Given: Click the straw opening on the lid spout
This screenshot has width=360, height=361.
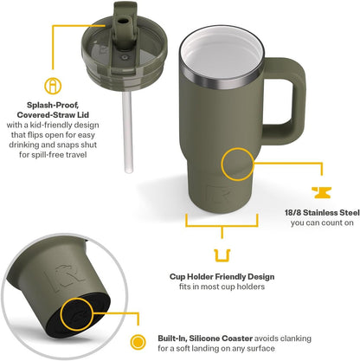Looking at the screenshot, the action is pyautogui.click(x=123, y=22).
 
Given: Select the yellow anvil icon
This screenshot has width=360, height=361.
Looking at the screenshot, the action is pyautogui.click(x=322, y=192).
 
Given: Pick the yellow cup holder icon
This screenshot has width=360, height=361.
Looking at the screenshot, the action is pyautogui.click(x=222, y=255).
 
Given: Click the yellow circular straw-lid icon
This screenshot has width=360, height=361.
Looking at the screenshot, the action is pyautogui.click(x=53, y=86).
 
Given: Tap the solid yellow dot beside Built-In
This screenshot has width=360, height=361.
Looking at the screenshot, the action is pyautogui.click(x=138, y=342).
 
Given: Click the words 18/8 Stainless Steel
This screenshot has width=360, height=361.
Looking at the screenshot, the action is pyautogui.click(x=322, y=213).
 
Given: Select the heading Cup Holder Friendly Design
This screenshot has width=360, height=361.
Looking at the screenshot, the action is pyautogui.click(x=222, y=277).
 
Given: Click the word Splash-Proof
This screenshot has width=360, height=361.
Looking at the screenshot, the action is pyautogui.click(x=53, y=105).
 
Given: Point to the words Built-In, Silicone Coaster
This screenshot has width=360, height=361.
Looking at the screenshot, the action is pyautogui.click(x=205, y=338).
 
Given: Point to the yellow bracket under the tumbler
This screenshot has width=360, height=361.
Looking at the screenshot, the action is pyautogui.click(x=222, y=226).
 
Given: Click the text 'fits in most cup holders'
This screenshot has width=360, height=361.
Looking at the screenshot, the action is pyautogui.click(x=222, y=287).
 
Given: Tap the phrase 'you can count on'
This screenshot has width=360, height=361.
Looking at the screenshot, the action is pyautogui.click(x=322, y=222).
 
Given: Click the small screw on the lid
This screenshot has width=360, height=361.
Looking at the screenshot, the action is pyautogui.click(x=125, y=57).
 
